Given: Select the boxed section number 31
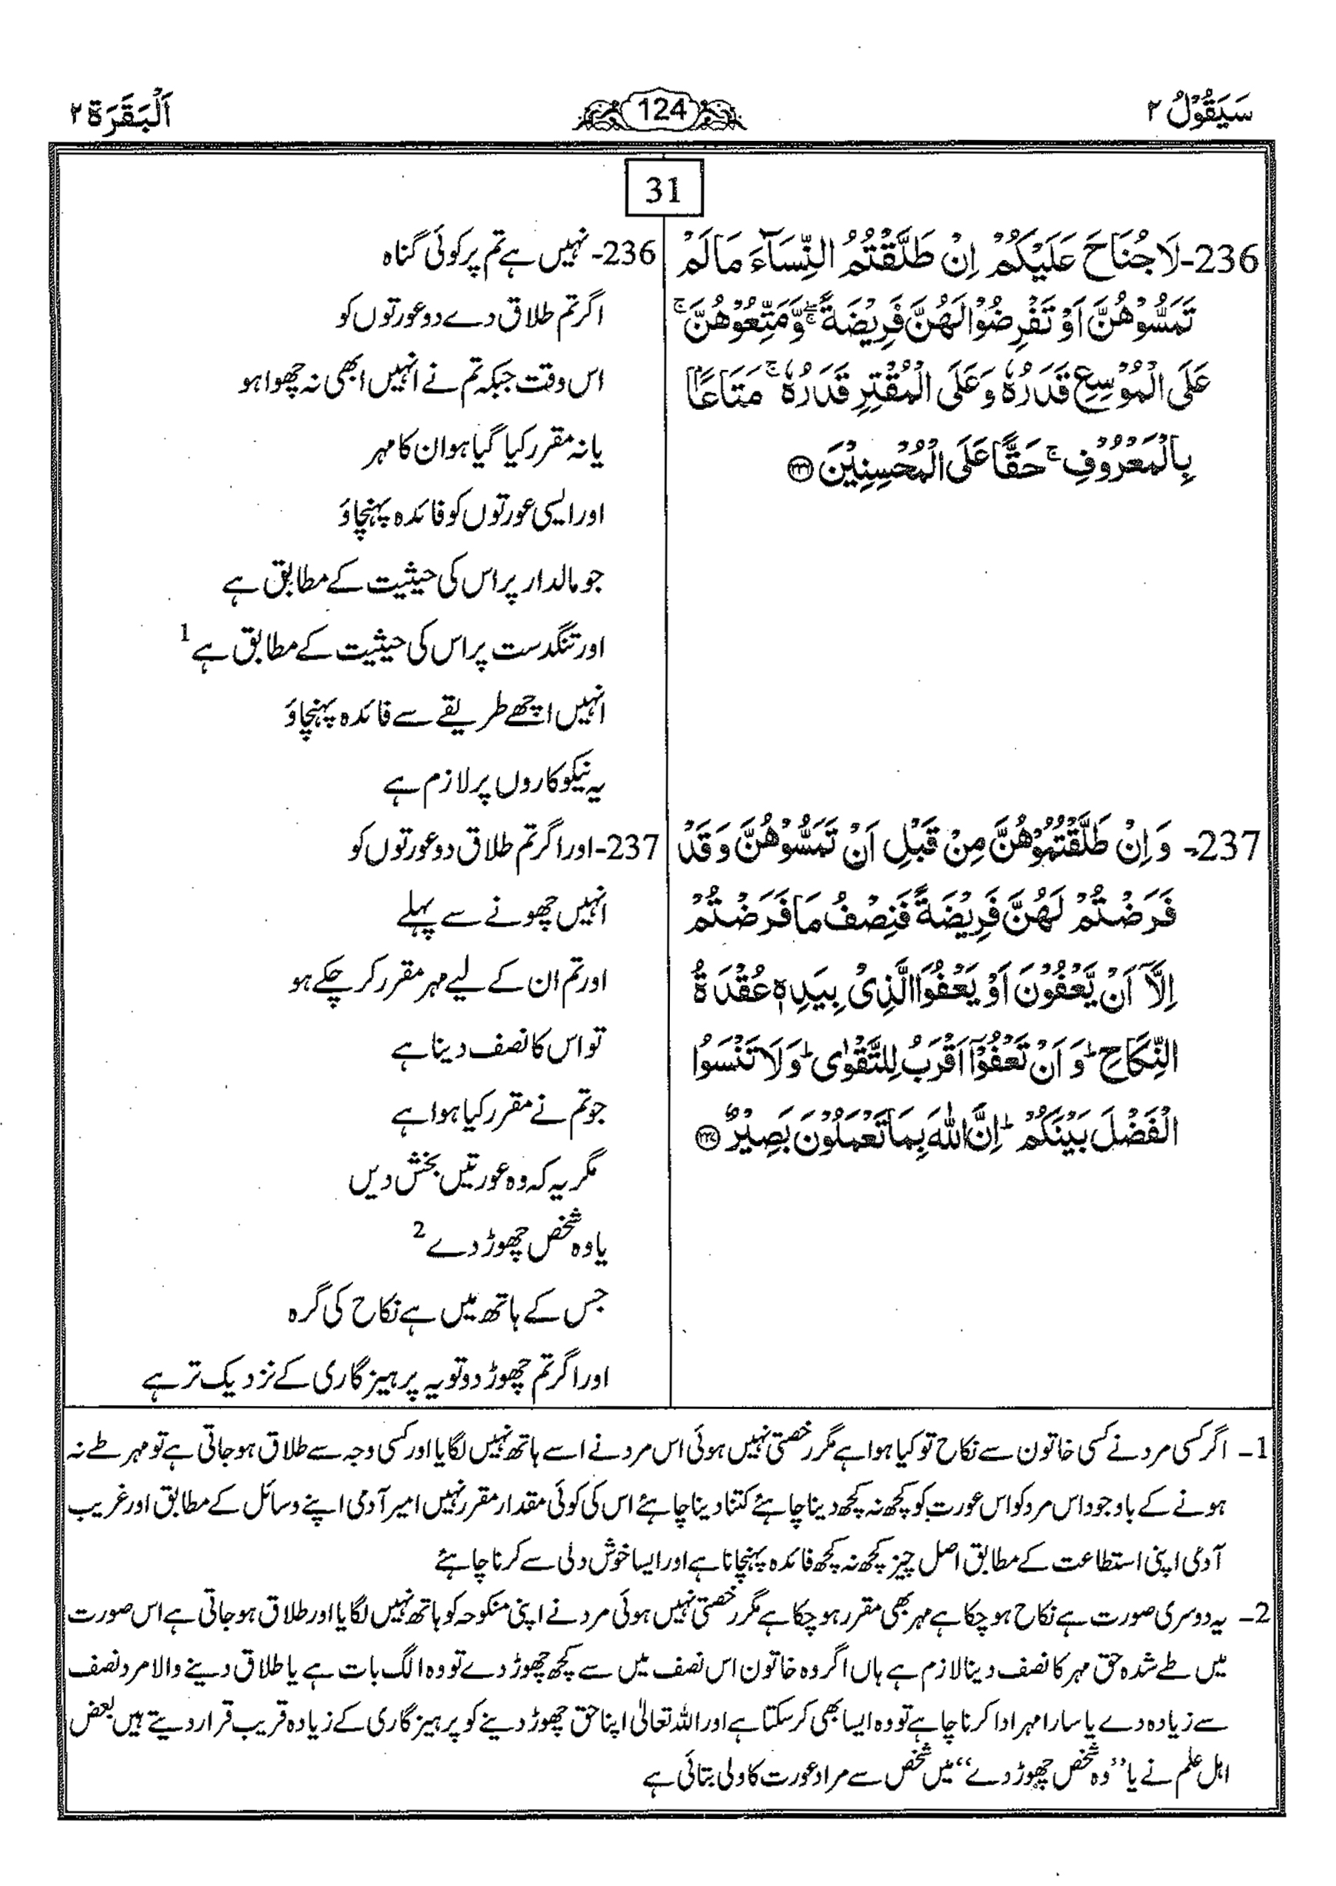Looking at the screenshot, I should pos(663,192).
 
